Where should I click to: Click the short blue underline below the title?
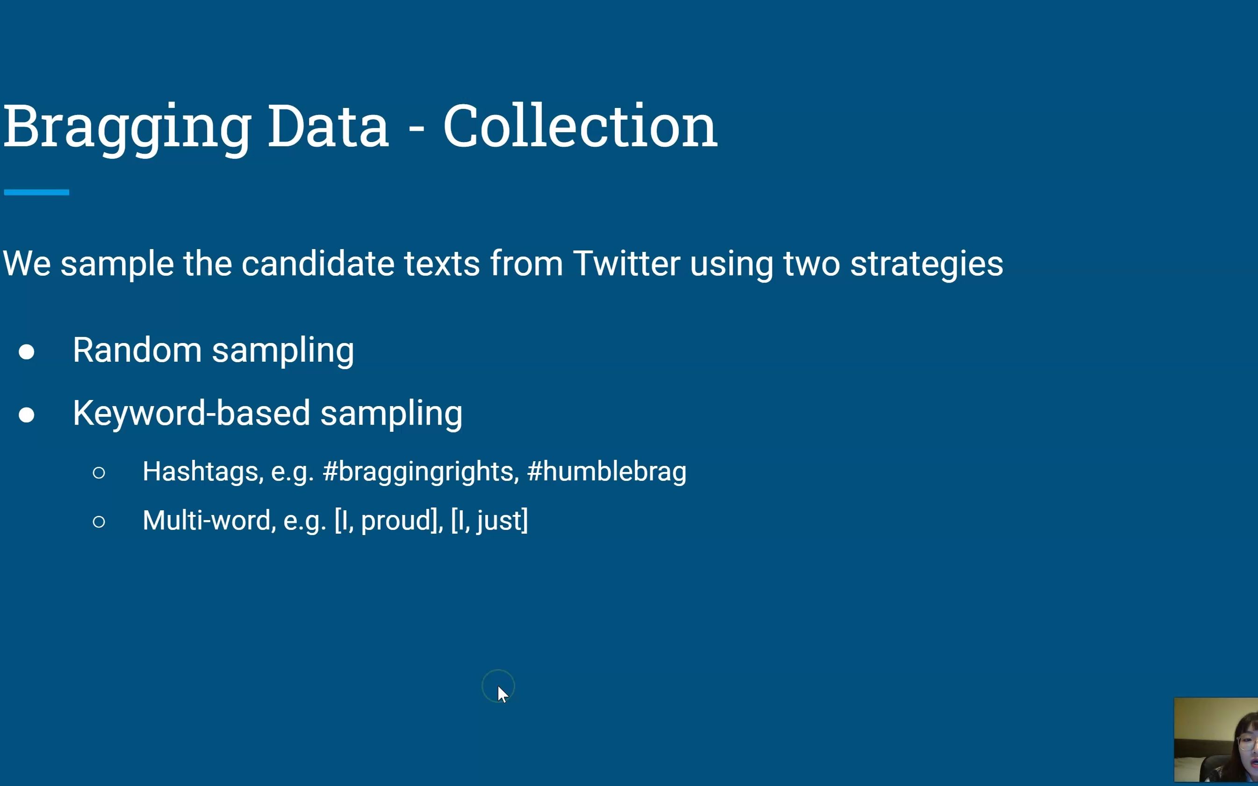point(36,193)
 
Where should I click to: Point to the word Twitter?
point(626,263)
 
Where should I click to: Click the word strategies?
point(927,265)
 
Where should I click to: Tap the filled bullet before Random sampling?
point(27,352)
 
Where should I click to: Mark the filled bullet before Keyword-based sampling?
point(27,415)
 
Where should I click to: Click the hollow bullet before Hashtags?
point(99,472)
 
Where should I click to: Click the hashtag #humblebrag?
point(606,472)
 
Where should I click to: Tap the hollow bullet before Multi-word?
point(99,522)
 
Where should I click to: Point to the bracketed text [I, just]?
point(489,521)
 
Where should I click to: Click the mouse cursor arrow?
point(503,694)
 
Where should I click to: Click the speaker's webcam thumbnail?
point(1216,740)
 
